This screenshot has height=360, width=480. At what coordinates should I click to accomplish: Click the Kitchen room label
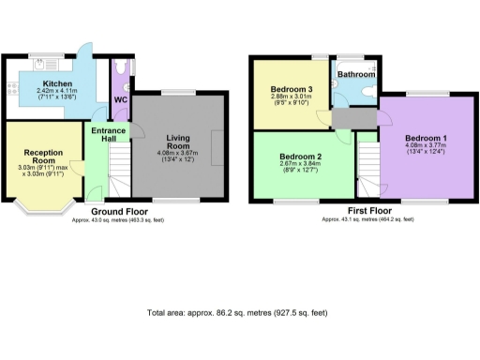click(53, 82)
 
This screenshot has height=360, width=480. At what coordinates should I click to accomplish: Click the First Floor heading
click(368, 212)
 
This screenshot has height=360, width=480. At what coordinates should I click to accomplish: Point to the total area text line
click(240, 313)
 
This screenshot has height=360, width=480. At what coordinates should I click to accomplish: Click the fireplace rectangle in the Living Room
click(219, 151)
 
